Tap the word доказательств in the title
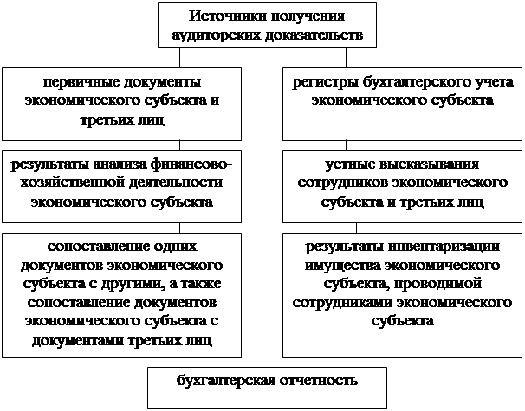point(314,35)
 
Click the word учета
point(493,82)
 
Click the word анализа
point(119,164)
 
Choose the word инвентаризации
point(444,247)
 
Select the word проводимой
point(437,284)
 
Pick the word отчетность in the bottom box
point(319,381)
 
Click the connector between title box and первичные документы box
point(180,57)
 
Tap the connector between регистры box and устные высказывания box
point(346,145)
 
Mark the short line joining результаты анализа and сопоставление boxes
point(180,228)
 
